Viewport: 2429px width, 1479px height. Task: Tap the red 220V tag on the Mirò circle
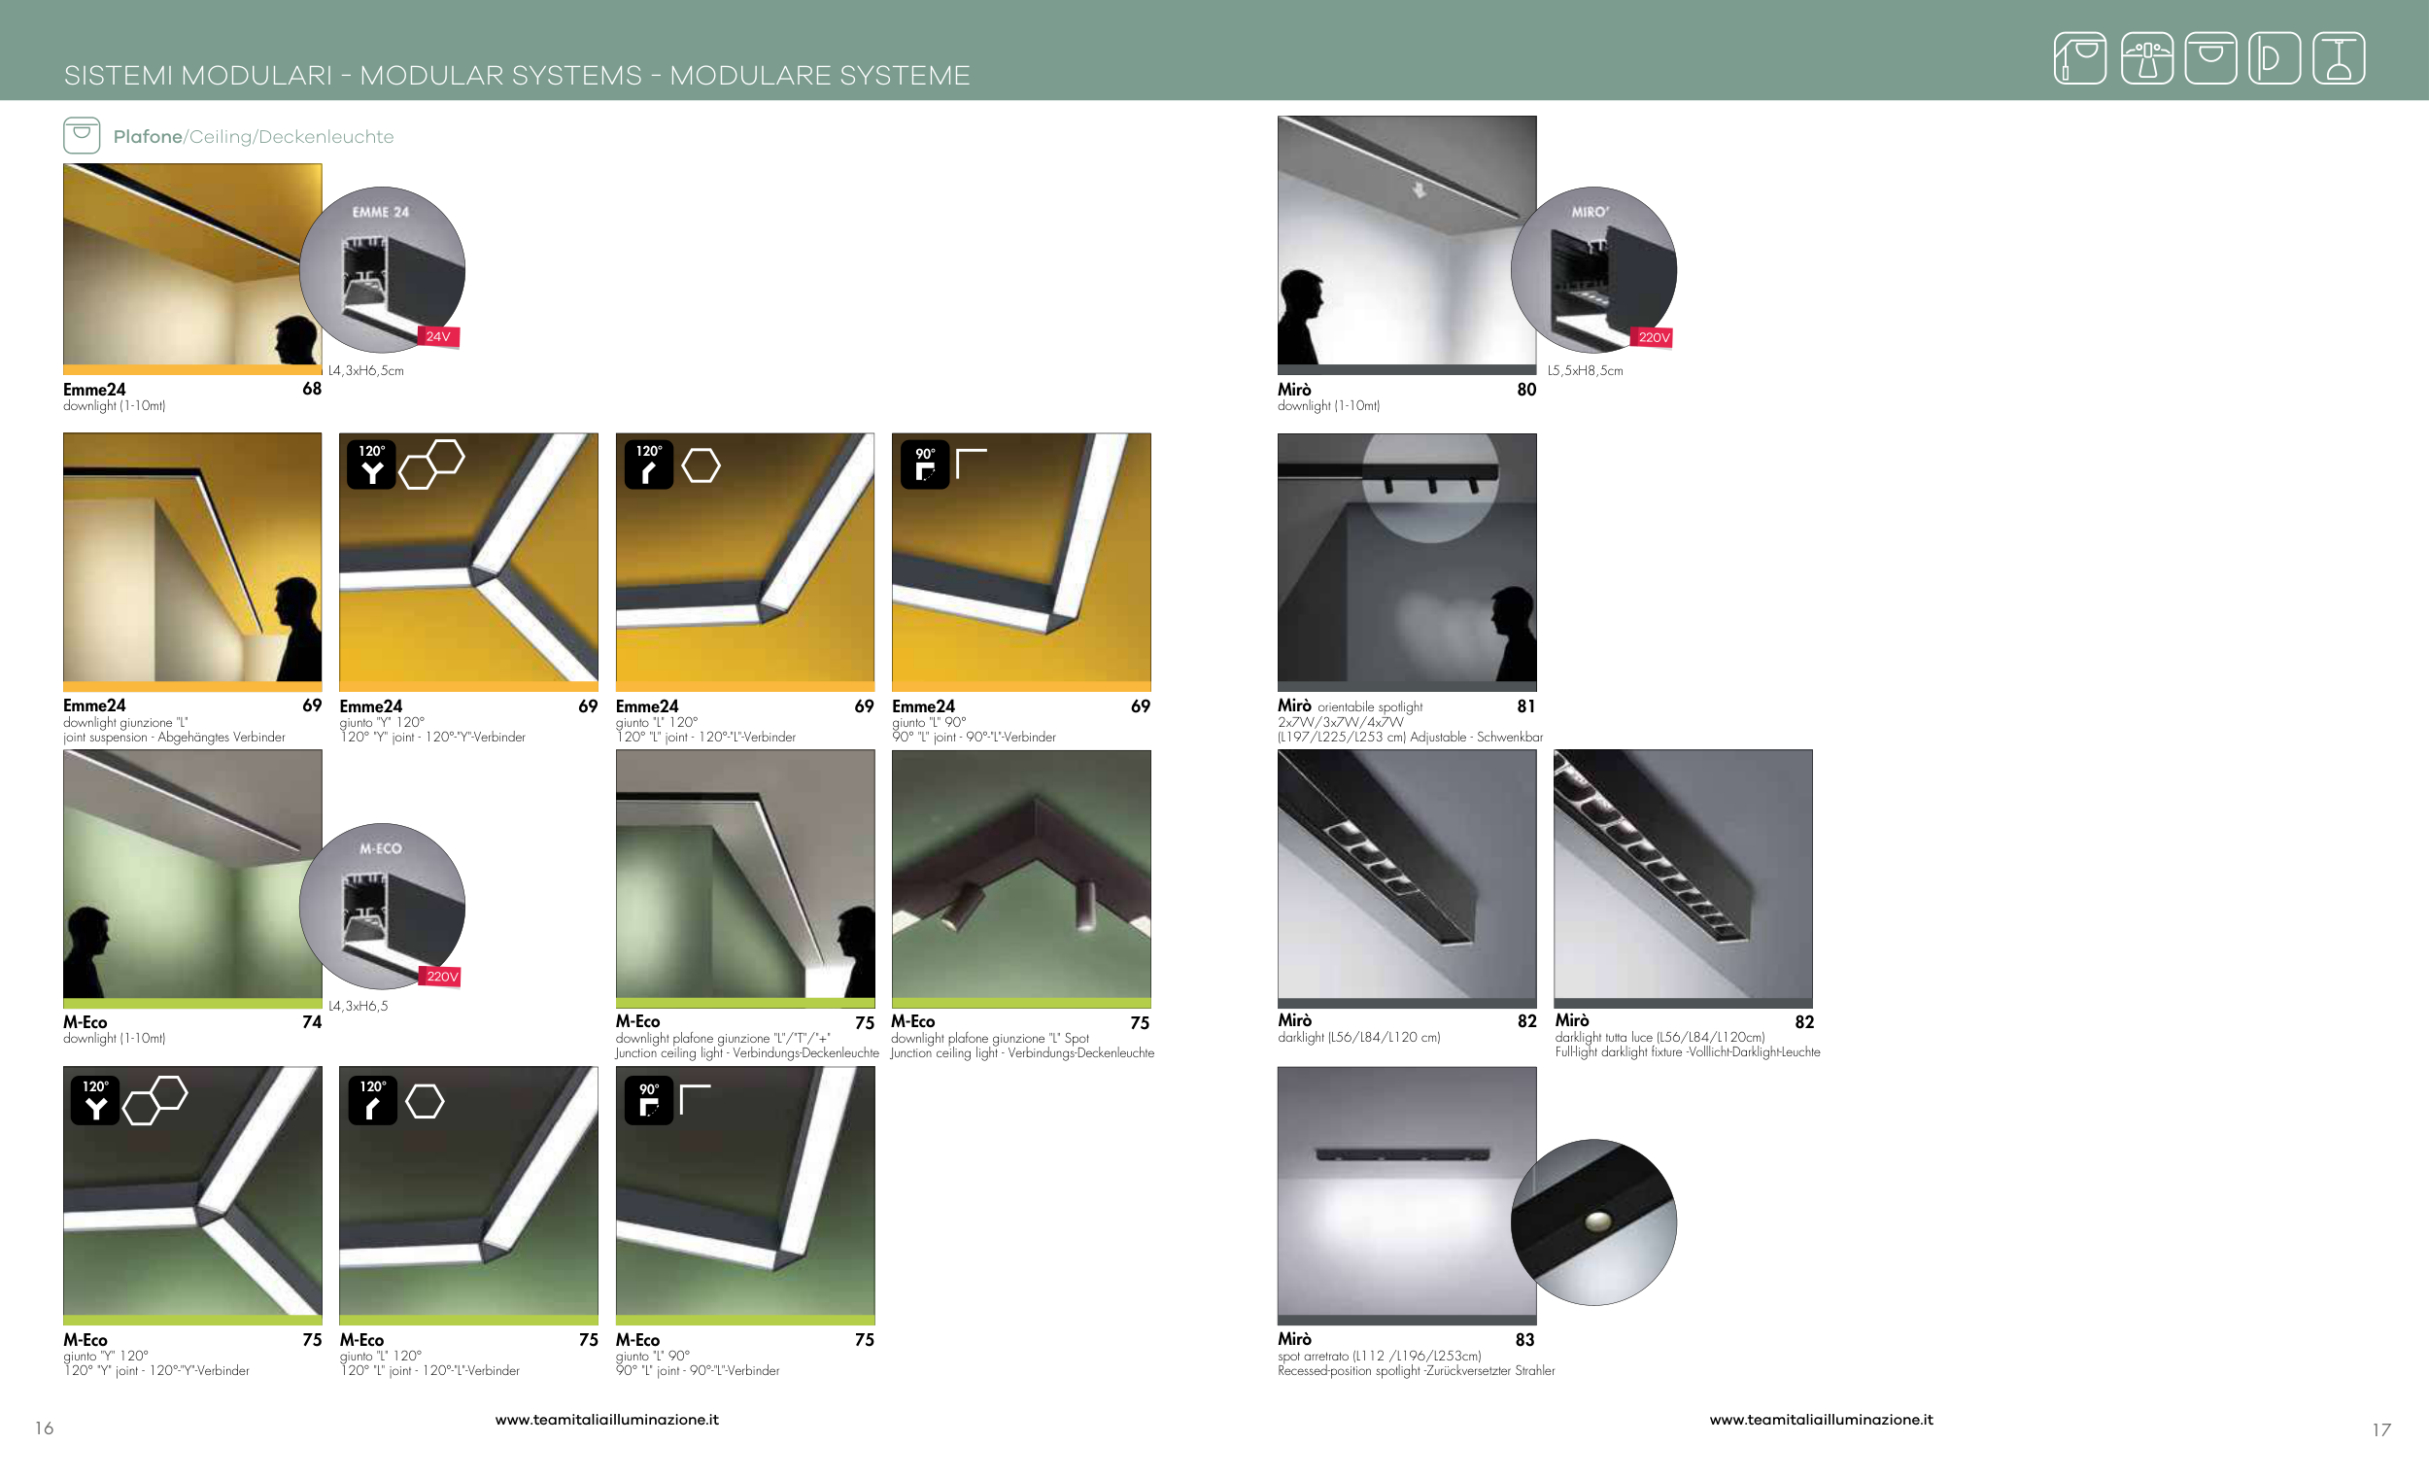pyautogui.click(x=1654, y=337)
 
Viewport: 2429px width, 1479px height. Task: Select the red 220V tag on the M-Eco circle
pyautogui.click(x=442, y=977)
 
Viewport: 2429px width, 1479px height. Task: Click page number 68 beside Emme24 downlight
pyautogui.click(x=312, y=389)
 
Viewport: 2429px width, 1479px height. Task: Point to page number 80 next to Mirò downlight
pyautogui.click(x=1526, y=390)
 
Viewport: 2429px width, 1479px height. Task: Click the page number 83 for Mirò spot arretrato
pyautogui.click(x=1524, y=1339)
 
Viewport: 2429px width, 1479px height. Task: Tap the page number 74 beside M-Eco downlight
pyautogui.click(x=312, y=1021)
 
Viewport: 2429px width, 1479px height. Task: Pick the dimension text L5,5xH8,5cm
pyautogui.click(x=1584, y=371)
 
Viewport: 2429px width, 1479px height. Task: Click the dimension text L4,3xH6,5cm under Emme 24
pyautogui.click(x=365, y=371)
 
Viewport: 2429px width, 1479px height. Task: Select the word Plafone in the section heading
pyautogui.click(x=148, y=136)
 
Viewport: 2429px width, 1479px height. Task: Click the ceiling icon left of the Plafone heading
pyautogui.click(x=82, y=135)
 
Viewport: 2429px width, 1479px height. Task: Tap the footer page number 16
pyautogui.click(x=45, y=1427)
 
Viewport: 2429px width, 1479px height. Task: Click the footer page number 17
pyautogui.click(x=2380, y=1429)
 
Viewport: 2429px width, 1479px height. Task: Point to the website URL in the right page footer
pyautogui.click(x=1821, y=1419)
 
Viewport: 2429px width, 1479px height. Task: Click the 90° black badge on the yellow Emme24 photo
pyautogui.click(x=925, y=464)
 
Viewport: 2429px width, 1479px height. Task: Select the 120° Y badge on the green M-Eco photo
pyautogui.click(x=94, y=1100)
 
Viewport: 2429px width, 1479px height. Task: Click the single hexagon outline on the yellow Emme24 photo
pyautogui.click(x=701, y=465)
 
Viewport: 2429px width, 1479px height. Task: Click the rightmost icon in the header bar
pyautogui.click(x=2339, y=58)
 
